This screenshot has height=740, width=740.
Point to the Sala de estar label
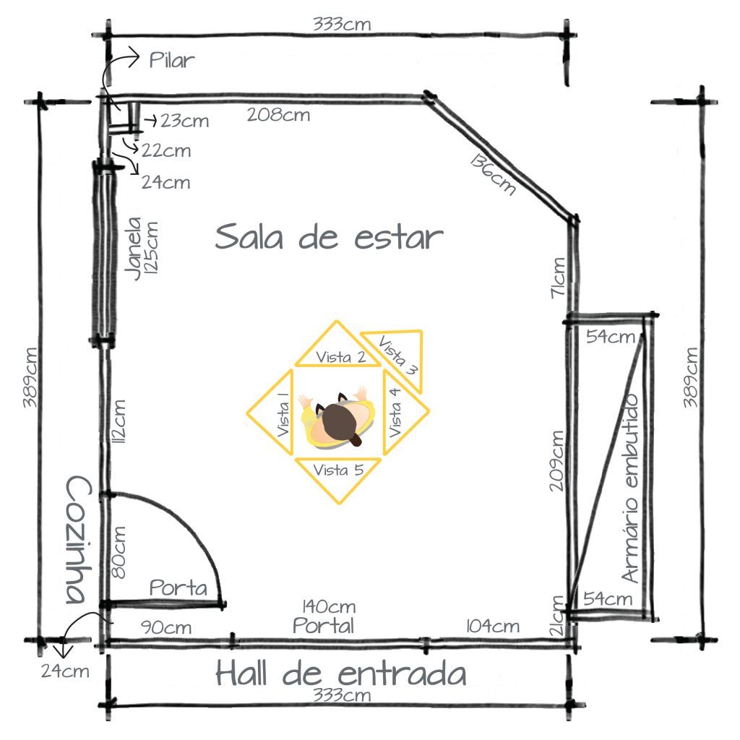point(329,237)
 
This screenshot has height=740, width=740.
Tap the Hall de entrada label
point(341,673)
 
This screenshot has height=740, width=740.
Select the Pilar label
point(172,61)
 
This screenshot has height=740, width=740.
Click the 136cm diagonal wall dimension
point(493,174)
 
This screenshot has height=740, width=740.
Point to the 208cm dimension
point(278,115)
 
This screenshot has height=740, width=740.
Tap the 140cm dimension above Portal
point(329,606)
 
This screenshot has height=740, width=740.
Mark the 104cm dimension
point(493,627)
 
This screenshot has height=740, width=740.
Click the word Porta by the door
point(178,588)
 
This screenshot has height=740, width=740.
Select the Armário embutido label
point(631,489)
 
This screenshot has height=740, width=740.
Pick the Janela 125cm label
point(141,249)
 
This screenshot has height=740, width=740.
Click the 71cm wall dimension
point(558,278)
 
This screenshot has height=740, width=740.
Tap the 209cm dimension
point(557,461)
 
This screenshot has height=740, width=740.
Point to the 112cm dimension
point(119,421)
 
